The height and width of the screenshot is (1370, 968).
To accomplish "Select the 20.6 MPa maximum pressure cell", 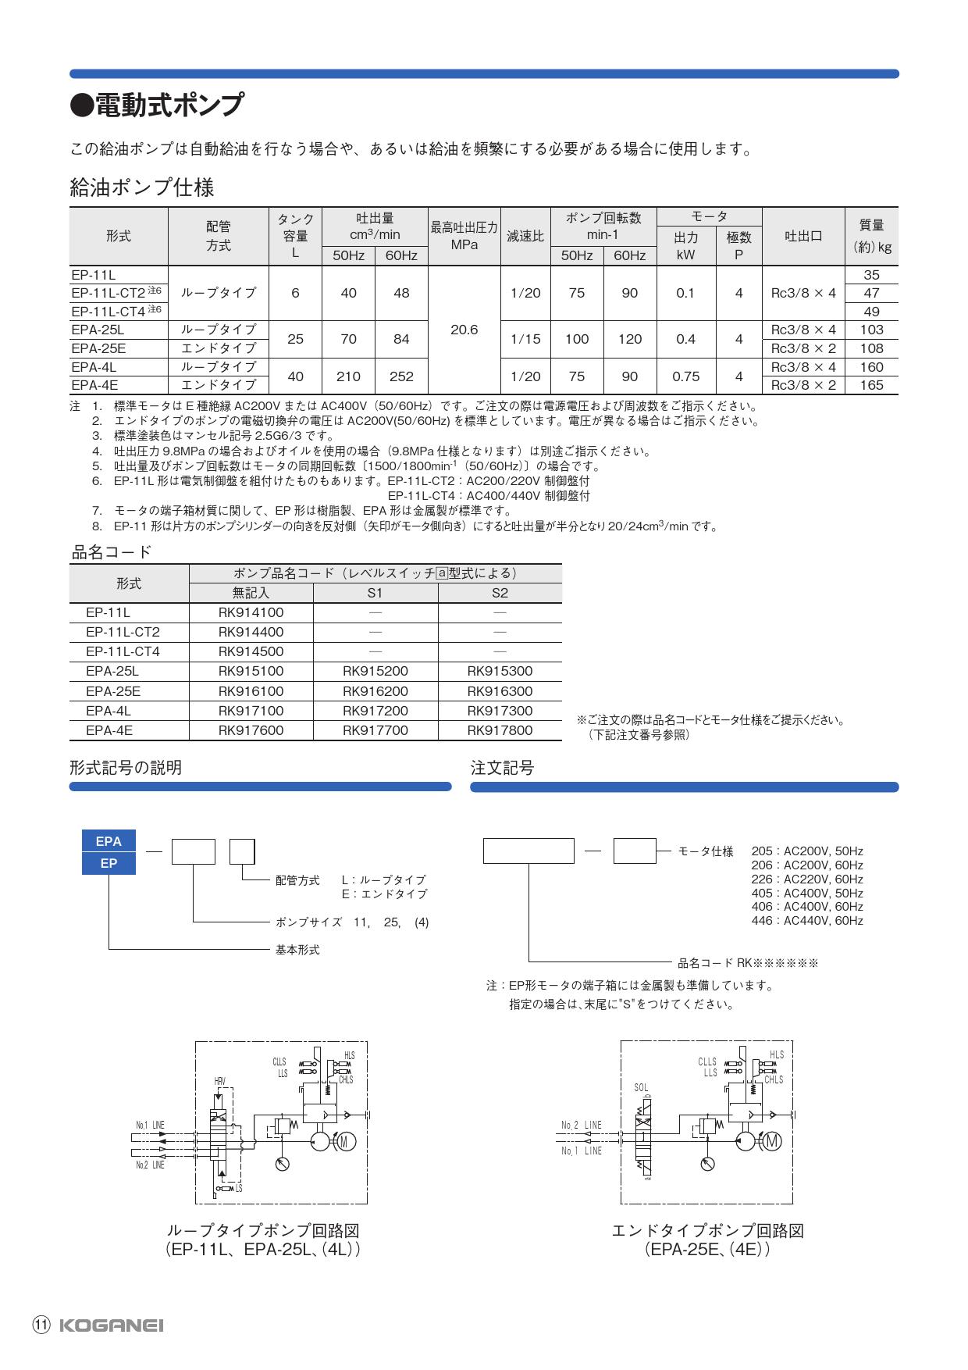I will click(464, 330).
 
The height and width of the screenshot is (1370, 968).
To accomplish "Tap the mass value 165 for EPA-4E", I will click(871, 385).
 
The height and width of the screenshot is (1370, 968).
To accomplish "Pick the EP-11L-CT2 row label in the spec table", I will click(109, 293).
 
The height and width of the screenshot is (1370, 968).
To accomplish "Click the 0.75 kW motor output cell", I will click(685, 376).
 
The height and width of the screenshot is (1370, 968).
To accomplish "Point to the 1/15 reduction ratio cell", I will click(525, 339).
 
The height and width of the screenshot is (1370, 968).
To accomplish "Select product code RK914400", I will click(251, 632).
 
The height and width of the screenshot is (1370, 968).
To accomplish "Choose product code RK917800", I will click(500, 730).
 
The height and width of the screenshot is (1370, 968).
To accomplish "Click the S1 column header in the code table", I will click(375, 593).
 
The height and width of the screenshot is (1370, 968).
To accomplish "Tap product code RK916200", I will click(375, 691).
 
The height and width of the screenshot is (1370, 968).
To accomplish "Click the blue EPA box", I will click(109, 841).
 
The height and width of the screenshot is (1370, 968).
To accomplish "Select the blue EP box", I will click(109, 863).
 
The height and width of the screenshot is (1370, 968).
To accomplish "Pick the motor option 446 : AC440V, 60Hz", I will click(807, 921).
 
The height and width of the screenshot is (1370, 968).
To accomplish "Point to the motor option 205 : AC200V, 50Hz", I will click(807, 851).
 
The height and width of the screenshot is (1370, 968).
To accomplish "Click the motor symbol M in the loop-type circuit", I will click(346, 1141).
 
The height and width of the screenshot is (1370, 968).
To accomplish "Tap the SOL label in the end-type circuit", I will click(641, 1087).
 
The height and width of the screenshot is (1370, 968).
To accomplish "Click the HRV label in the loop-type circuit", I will click(220, 1081).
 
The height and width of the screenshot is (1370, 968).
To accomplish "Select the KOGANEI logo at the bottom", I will click(111, 1325).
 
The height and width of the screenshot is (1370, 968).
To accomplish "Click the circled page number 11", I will click(41, 1325).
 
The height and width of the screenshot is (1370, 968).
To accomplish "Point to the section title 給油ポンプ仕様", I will click(141, 187).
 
